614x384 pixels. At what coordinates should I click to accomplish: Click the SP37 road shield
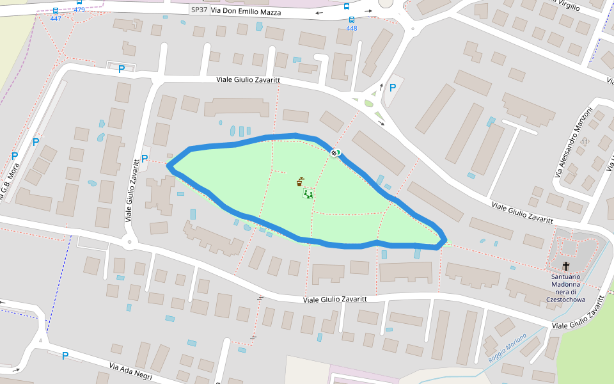[200, 10]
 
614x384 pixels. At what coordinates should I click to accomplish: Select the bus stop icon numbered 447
[56, 11]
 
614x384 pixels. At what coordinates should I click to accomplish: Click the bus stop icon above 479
[79, 2]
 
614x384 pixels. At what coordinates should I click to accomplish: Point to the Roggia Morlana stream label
[507, 347]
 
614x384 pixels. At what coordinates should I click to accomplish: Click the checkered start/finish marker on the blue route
[335, 152]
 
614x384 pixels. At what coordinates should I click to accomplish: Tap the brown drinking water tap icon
[299, 182]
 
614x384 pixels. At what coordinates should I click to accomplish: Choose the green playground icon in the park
[308, 193]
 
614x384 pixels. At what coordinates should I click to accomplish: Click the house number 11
[585, 141]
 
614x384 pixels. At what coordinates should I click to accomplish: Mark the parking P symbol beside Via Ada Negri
[65, 355]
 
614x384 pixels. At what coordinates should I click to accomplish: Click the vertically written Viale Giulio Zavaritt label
[132, 190]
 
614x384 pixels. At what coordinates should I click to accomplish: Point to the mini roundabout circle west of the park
[130, 243]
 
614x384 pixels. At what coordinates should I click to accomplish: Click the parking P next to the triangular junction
[393, 88]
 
